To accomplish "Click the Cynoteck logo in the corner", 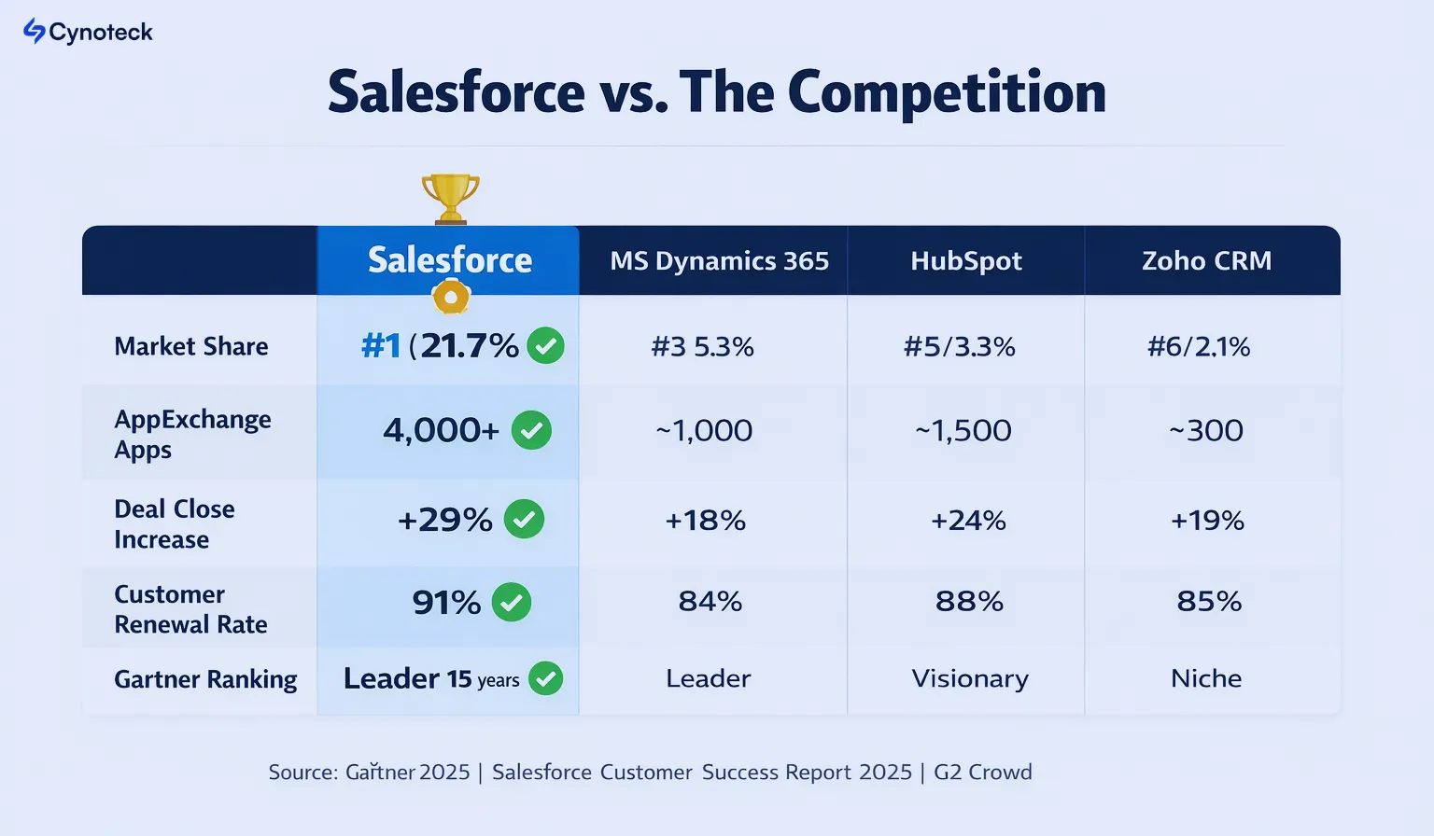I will pyautogui.click(x=88, y=32).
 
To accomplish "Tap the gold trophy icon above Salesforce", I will pyautogui.click(x=450, y=197).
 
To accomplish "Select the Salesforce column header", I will pyautogui.click(x=449, y=260).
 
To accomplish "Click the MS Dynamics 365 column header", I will pyautogui.click(x=719, y=261).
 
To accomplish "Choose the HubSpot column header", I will pyautogui.click(x=966, y=261).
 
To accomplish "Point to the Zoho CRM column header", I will pyautogui.click(x=1206, y=261).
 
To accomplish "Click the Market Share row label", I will pyautogui.click(x=191, y=346).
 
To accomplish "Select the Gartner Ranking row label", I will pyautogui.click(x=205, y=679).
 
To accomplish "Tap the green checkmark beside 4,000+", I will pyautogui.click(x=532, y=430).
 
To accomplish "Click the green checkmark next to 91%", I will pyautogui.click(x=512, y=602).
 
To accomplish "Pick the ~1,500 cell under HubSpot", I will pyautogui.click(x=963, y=430).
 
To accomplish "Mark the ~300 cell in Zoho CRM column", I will pyautogui.click(x=1206, y=430).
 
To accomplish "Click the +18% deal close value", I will pyautogui.click(x=706, y=520).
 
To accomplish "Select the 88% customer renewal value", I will pyautogui.click(x=969, y=602).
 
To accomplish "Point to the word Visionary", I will pyautogui.click(x=970, y=678).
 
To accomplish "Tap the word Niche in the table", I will pyautogui.click(x=1206, y=678).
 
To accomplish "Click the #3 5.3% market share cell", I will pyautogui.click(x=703, y=347).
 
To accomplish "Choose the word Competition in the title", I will pyautogui.click(x=947, y=92).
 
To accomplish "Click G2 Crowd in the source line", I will pyautogui.click(x=983, y=773).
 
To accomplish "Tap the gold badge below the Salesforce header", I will pyautogui.click(x=451, y=298).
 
